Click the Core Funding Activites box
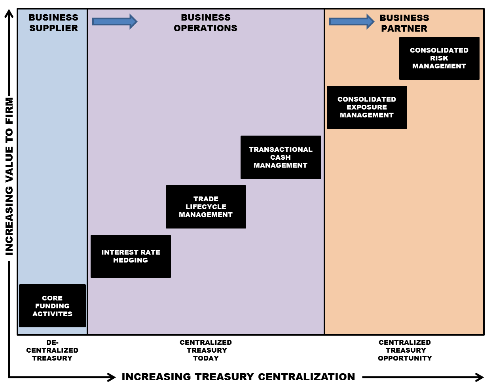point(52,306)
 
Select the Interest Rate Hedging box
point(131,256)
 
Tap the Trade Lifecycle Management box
point(206,207)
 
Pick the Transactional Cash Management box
point(281,157)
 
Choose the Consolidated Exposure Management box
point(367,107)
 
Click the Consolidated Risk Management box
point(439,58)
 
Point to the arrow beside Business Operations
point(114,21)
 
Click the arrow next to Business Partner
point(351,21)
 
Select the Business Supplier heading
point(53,23)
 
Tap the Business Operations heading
point(205,23)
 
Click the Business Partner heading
point(404,23)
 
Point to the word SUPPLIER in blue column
point(53,28)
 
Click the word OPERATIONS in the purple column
point(205,28)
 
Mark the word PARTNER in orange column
point(404,29)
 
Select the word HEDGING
point(131,260)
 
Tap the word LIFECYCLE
point(206,207)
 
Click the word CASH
point(281,157)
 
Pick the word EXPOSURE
point(367,107)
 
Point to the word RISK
point(439,58)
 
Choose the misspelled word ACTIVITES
point(52,314)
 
